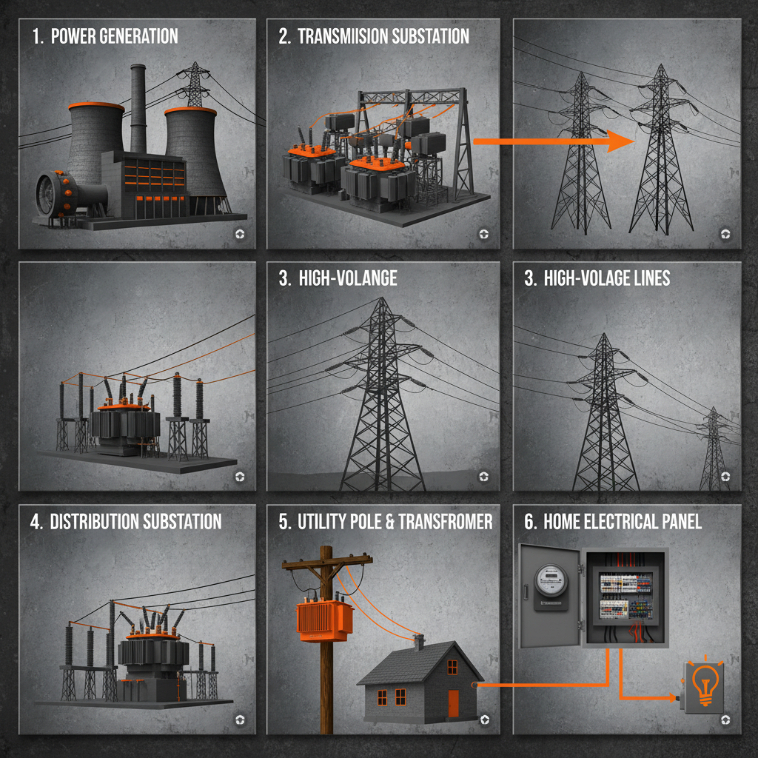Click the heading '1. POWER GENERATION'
tap(104, 36)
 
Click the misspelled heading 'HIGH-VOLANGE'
tap(338, 278)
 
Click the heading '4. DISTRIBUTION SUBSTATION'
tap(126, 521)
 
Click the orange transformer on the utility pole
tap(324, 620)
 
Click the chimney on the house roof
tap(419, 642)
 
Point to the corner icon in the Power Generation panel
tap(239, 234)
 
